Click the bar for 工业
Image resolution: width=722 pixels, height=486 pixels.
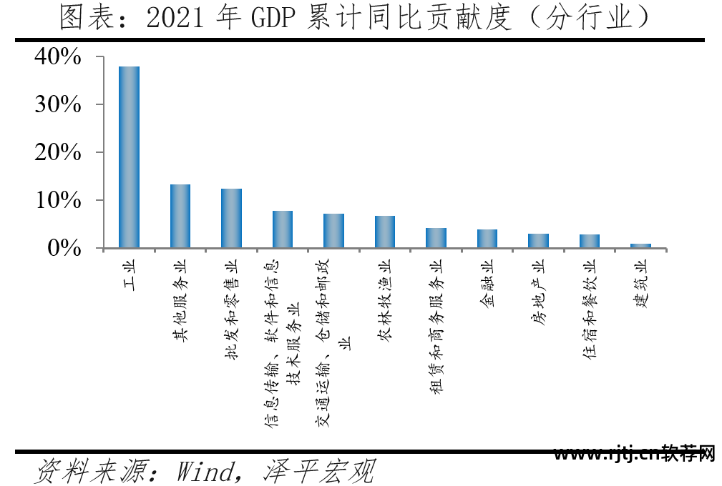[x=129, y=157]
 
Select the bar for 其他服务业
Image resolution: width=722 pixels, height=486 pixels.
[x=180, y=217]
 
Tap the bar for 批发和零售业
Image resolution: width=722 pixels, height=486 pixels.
[x=231, y=219]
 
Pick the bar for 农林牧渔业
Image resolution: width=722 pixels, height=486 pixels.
[x=385, y=232]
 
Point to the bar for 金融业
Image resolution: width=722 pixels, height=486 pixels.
[x=487, y=239]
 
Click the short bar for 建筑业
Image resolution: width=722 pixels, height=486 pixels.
[x=640, y=246]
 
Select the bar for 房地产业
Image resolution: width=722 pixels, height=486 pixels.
[x=538, y=241]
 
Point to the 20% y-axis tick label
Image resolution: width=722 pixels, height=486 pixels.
[x=59, y=152]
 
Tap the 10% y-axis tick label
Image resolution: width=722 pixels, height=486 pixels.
[x=59, y=200]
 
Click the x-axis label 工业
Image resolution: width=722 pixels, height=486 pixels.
[x=130, y=272]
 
